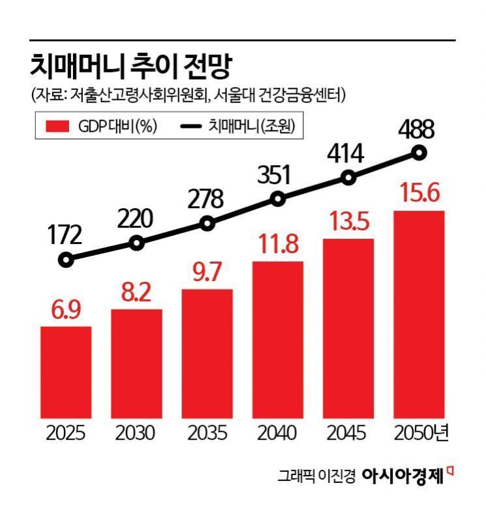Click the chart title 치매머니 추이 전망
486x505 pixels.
[x=130, y=65]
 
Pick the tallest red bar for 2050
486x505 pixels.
[x=419, y=313]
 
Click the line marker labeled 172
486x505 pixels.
[x=66, y=260]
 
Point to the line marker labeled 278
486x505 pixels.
[x=207, y=223]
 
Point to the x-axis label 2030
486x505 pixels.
[x=136, y=433]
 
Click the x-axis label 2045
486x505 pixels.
[x=348, y=433]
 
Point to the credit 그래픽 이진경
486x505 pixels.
[x=316, y=476]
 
